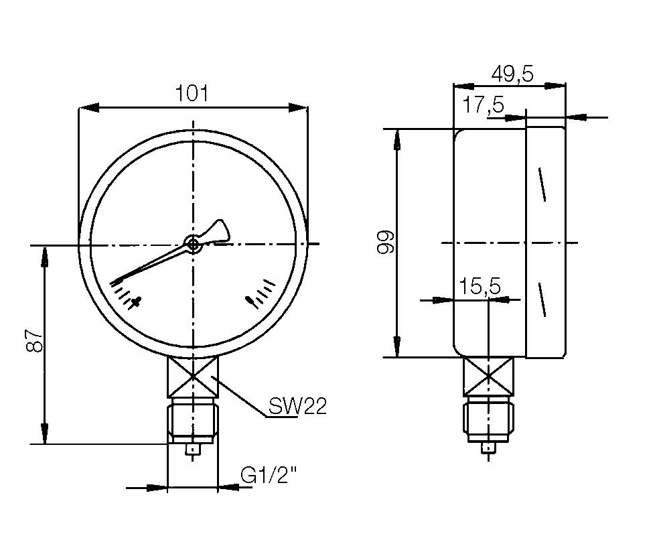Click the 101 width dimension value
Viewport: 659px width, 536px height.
coord(192,93)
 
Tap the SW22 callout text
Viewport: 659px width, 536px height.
coord(297,405)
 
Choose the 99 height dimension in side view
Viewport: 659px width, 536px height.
coord(384,243)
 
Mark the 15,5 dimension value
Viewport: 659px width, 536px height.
coord(480,286)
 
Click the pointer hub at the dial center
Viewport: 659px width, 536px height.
coord(194,245)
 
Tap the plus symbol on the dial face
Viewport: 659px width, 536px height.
coord(136,302)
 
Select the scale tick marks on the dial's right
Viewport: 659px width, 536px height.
coord(261,293)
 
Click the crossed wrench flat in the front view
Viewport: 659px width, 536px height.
coord(192,377)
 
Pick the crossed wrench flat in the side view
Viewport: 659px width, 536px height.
coord(489,377)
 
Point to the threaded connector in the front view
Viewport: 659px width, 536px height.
coord(192,419)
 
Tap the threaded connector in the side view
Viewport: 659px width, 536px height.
coord(489,419)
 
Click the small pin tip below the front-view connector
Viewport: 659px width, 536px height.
coord(193,450)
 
